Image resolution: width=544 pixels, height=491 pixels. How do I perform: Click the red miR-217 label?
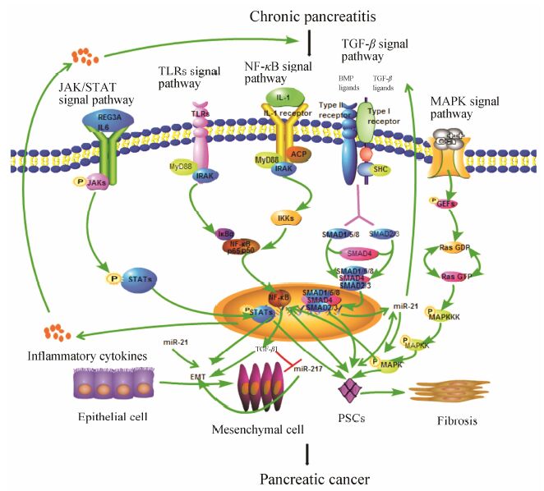(x=297, y=367)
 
